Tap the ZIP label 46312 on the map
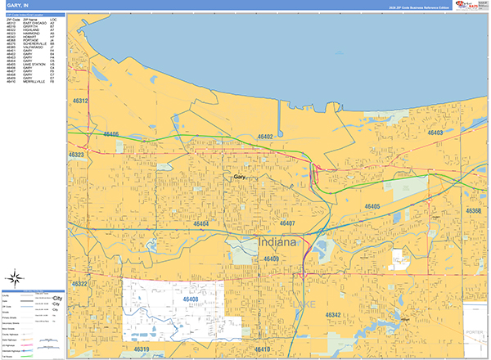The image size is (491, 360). [x=79, y=101]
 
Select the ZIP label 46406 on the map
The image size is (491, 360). [x=110, y=134]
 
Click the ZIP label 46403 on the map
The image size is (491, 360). [x=435, y=132]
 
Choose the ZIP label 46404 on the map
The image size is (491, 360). [x=202, y=223]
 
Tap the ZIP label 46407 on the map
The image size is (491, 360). [x=288, y=223]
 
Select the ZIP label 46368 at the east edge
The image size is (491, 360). [x=474, y=211]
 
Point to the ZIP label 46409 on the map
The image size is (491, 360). [x=272, y=259]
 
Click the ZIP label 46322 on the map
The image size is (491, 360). [x=79, y=283]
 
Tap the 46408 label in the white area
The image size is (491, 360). [x=192, y=300]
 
